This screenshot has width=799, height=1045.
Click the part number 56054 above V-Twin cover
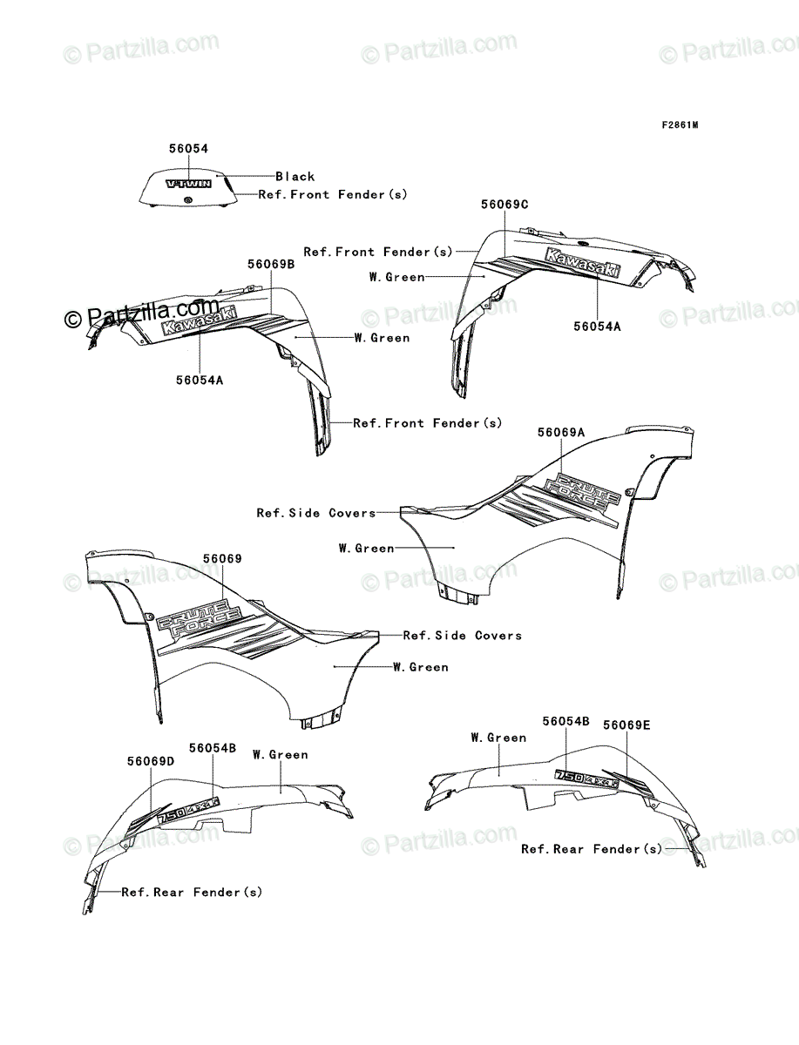point(189,149)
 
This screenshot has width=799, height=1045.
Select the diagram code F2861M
point(680,125)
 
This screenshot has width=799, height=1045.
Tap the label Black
point(295,176)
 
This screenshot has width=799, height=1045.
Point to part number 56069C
point(504,204)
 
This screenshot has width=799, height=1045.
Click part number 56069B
point(270,264)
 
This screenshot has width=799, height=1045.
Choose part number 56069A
point(561,432)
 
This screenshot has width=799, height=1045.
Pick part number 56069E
point(626,725)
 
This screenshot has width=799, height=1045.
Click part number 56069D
point(151,760)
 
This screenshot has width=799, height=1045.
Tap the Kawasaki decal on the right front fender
point(584,263)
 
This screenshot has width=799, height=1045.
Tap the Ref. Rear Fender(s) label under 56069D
point(192,892)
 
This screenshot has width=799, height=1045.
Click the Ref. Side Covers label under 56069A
point(315,513)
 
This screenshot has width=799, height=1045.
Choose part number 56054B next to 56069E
point(565,721)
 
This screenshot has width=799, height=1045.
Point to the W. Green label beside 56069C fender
point(396,277)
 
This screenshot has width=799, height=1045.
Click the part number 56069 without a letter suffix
point(223,559)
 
